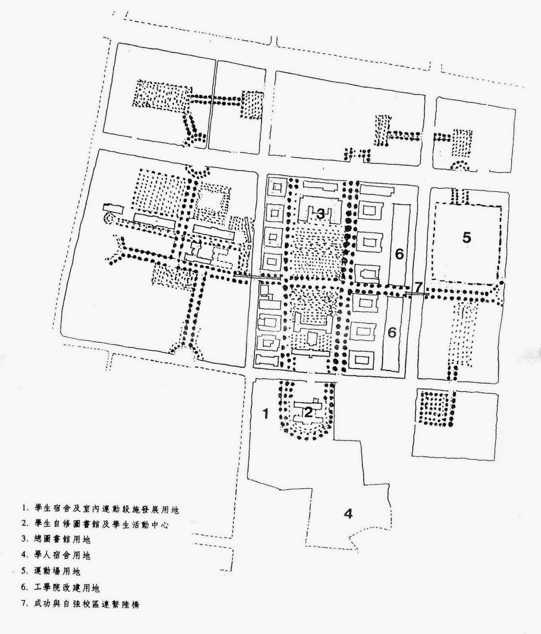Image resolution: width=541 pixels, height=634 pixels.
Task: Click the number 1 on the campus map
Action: [266, 414]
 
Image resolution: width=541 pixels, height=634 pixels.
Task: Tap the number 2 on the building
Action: [308, 412]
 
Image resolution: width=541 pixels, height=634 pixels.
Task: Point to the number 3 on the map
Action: [320, 214]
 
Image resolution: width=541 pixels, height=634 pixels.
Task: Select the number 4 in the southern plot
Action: [348, 514]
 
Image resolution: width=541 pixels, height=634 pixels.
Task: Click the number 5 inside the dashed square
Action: [466, 238]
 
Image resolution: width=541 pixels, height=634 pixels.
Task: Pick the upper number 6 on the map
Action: [399, 254]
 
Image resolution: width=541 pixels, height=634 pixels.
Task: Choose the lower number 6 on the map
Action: [392, 332]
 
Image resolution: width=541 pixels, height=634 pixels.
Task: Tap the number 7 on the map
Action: [419, 286]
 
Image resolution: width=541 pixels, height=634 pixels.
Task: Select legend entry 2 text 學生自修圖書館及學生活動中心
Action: [101, 524]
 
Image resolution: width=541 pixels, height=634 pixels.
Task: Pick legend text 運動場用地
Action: [57, 571]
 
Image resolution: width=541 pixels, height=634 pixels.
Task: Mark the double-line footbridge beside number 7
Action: [417, 294]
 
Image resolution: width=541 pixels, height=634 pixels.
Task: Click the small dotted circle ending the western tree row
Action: [108, 218]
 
